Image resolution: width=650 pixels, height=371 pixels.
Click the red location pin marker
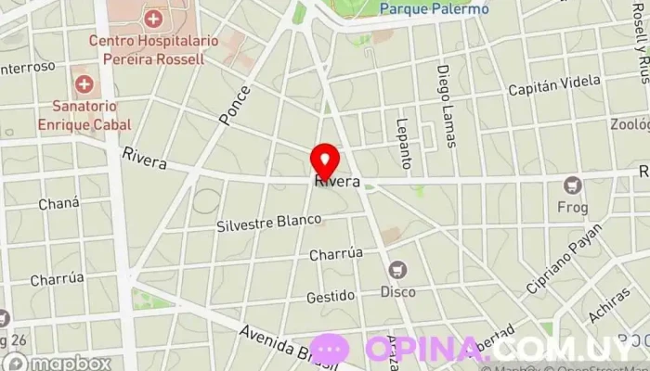coord(324,160)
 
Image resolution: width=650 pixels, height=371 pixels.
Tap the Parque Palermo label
coord(434,9)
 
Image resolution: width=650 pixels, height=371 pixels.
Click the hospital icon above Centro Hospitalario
coord(152,18)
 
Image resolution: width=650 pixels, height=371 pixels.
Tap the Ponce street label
coord(235,106)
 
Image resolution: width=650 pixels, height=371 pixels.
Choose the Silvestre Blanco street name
coord(269,224)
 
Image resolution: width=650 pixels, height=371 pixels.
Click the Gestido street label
coord(331,296)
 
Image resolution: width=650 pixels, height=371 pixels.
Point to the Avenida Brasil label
coord(279,342)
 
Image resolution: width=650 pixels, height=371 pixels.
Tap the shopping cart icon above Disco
coord(399,270)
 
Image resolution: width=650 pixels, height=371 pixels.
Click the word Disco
coord(399,291)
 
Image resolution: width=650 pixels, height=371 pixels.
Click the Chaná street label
coord(58,203)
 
